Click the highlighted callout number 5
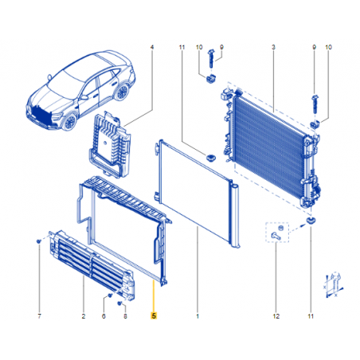tap(154, 315)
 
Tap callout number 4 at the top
tap(152, 47)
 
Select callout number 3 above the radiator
tap(273, 47)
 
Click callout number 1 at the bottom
tap(198, 316)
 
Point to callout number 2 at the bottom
tap(84, 316)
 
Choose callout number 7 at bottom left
tap(40, 316)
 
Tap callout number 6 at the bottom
tap(104, 316)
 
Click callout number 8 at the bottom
tap(125, 316)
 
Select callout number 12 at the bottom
tap(276, 316)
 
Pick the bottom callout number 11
tap(311, 316)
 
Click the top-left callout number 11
tap(182, 47)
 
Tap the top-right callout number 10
tap(328, 47)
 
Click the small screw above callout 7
tap(39, 241)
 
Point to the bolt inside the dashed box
tap(276, 236)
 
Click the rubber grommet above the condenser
tap(211, 158)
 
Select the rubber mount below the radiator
tap(310, 220)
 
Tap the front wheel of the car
tap(69, 123)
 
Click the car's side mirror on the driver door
tap(84, 97)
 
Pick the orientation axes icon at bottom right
tap(333, 285)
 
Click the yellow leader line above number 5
tap(154, 295)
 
